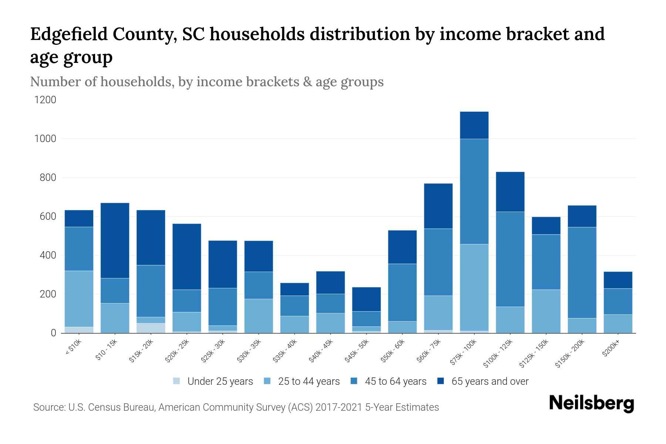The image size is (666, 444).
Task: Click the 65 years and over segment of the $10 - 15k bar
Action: click(115, 240)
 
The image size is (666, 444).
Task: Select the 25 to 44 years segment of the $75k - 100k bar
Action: click(474, 287)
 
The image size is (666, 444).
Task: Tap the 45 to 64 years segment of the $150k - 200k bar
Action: click(582, 272)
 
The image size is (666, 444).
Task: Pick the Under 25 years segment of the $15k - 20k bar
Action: click(151, 328)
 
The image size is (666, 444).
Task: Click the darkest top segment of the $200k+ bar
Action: click(618, 280)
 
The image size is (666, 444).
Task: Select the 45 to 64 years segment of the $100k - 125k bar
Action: click(510, 259)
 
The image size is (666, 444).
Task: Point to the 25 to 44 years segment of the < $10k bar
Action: click(79, 299)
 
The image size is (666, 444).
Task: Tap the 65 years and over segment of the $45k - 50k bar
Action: click(366, 299)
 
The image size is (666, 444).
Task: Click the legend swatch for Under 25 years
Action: click(177, 381)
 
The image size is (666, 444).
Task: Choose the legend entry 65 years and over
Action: click(490, 381)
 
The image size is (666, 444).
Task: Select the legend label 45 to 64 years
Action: click(395, 381)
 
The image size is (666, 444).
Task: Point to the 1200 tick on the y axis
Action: click(45, 100)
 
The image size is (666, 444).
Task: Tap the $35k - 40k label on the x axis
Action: click(285, 350)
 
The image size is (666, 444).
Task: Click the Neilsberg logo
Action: click(591, 403)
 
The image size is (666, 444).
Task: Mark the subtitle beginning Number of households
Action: click(206, 81)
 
